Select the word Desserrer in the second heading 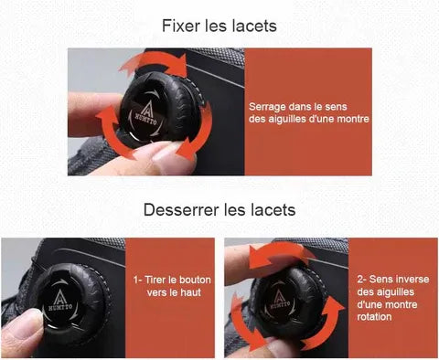181,210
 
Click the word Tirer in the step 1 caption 155,280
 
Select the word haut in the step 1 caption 190,292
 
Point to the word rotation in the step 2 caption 374,317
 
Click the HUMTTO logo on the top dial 146,114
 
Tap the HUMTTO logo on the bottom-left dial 60,301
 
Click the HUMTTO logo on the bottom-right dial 278,299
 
